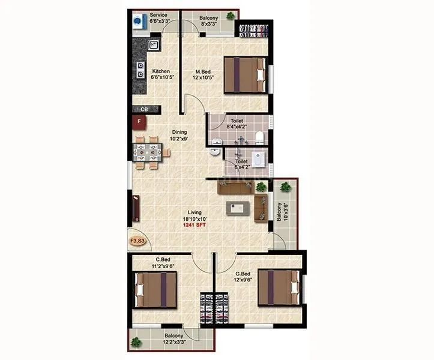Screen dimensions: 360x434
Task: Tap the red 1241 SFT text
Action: coord(194,225)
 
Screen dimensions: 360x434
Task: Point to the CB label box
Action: coord(144,109)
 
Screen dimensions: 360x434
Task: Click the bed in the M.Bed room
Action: coord(245,74)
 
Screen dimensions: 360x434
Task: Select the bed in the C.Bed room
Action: coord(155,290)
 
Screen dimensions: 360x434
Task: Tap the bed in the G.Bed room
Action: coord(278,289)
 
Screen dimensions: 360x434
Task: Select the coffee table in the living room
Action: coord(238,208)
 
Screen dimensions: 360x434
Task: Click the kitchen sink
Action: coord(154,45)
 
